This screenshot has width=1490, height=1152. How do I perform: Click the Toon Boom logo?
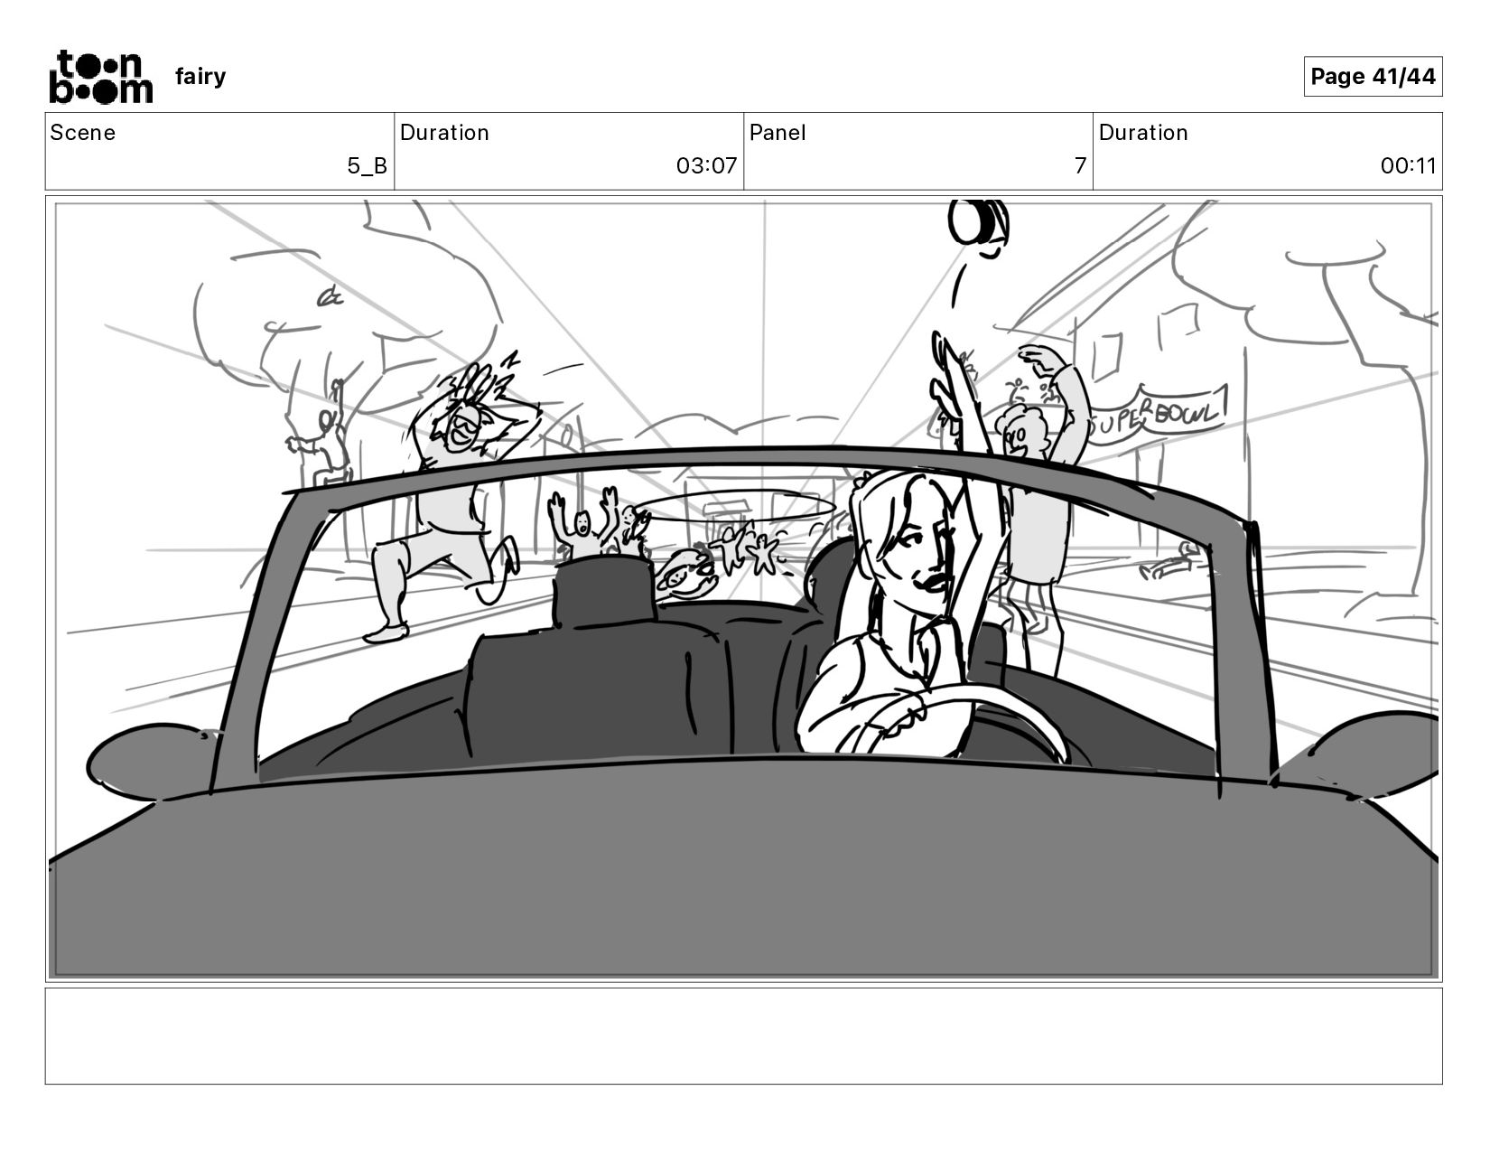pos(101,77)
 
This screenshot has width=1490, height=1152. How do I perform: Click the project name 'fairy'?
pos(200,76)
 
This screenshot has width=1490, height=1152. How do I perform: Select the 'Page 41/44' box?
pos(1373,76)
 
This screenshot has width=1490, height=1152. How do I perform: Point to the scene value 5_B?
pos(367,165)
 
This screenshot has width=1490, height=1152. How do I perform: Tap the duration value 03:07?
pos(706,165)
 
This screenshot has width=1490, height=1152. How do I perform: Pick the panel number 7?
pos(1080,165)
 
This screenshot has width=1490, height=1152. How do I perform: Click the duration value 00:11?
pos(1409,165)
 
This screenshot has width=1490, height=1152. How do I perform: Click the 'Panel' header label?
pos(777,133)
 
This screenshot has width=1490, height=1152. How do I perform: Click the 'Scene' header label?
pos(82,133)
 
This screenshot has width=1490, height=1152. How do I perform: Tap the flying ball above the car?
pos(978,221)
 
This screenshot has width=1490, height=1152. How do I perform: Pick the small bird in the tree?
pos(330,296)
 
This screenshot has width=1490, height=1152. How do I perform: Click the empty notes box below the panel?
pos(744,1036)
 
